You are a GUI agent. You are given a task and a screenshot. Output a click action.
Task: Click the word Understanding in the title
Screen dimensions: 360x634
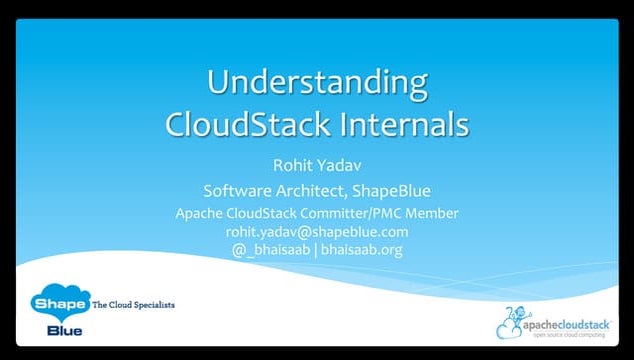click(x=316, y=82)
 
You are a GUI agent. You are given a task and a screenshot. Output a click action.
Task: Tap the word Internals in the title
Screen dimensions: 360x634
click(x=395, y=125)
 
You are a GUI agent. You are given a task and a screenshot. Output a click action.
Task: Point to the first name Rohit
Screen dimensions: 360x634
click(x=291, y=167)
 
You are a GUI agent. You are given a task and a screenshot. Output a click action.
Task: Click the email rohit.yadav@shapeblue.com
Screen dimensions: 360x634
click(x=316, y=231)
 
